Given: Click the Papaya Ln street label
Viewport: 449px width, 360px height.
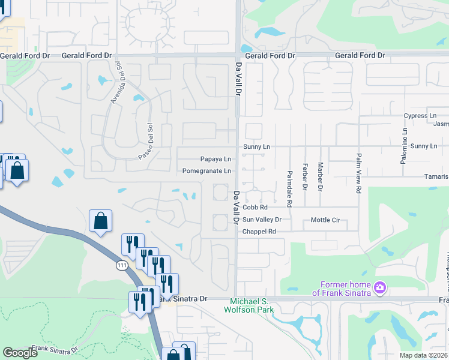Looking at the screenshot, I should [x=215, y=159].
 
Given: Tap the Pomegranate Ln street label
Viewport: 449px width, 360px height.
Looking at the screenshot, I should [x=207, y=171].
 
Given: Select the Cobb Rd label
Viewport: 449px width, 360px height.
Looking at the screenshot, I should [x=255, y=208].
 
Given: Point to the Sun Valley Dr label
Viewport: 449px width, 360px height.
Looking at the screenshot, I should [x=262, y=220].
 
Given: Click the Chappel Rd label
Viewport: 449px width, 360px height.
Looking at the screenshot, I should [x=259, y=231].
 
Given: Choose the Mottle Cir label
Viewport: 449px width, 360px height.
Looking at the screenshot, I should [x=325, y=220].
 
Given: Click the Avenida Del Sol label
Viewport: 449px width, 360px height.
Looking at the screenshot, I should [x=116, y=83].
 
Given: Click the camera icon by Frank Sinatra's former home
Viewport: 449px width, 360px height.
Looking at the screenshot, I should [x=379, y=288].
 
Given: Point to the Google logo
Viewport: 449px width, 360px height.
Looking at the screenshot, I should [x=20, y=353].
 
